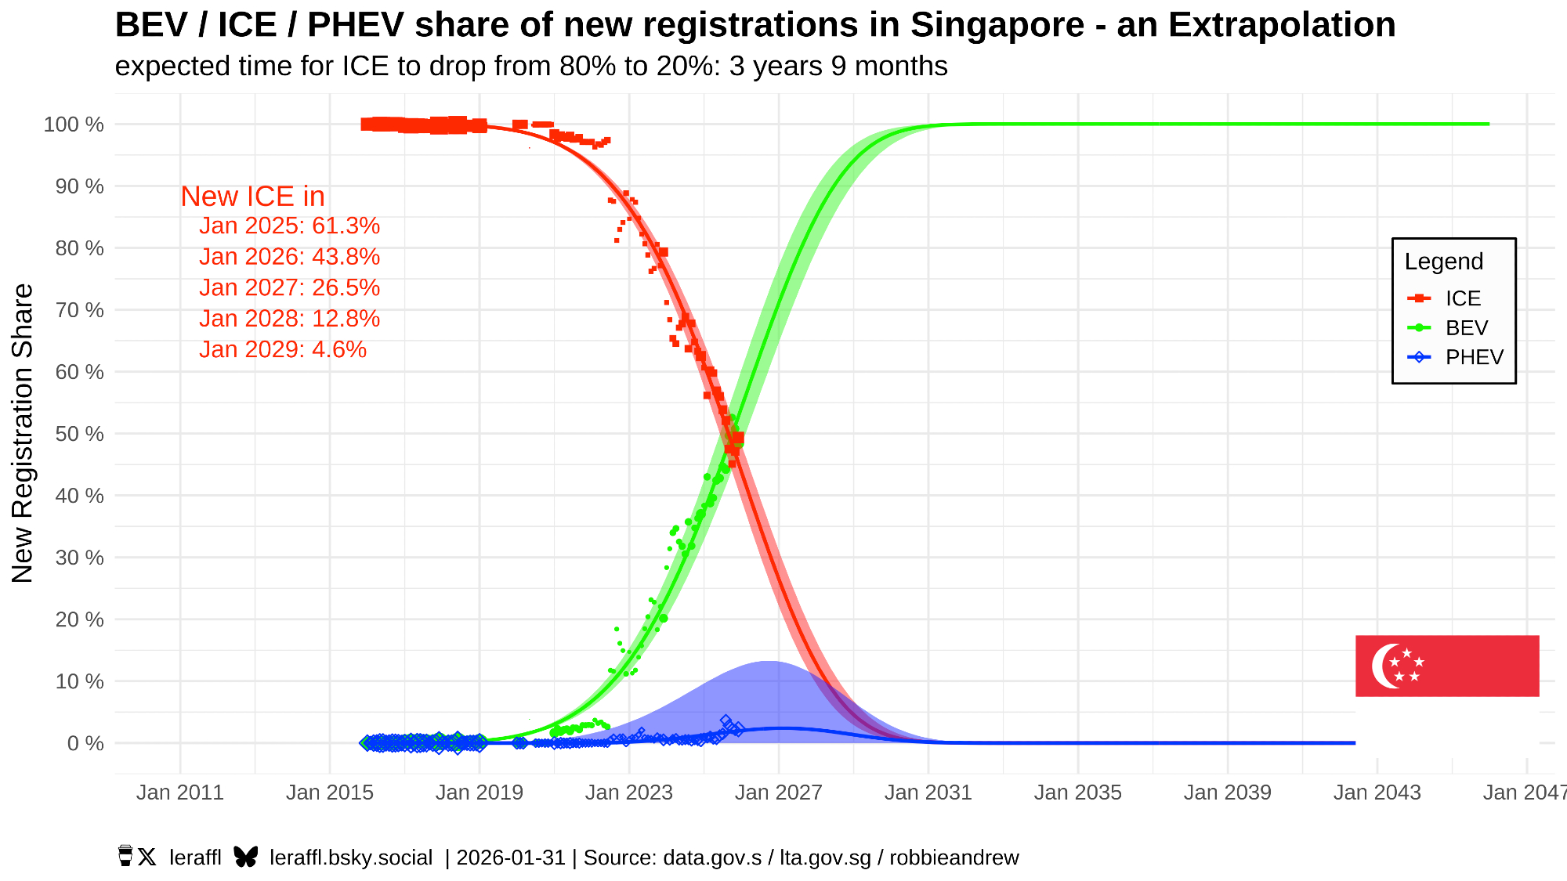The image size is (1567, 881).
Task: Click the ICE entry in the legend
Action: coord(1462,298)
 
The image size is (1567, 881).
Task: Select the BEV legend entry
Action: coord(1466,327)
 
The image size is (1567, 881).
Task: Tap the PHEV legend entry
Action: coord(1474,357)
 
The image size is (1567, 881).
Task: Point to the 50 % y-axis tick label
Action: coord(74,434)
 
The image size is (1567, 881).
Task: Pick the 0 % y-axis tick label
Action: coord(85,743)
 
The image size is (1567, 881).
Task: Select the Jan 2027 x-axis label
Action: coord(778,793)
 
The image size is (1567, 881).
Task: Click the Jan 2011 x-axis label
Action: coord(180,793)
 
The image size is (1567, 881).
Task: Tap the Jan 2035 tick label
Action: coord(1077,793)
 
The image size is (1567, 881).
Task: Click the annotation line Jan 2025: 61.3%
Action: coord(289,226)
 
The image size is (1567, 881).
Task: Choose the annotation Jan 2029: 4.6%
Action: coord(283,349)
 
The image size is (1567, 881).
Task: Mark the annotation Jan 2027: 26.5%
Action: coord(289,287)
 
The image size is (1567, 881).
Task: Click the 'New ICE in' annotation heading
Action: coord(252,197)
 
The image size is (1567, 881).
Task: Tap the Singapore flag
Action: coord(1447,666)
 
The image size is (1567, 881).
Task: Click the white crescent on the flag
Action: coord(1383,666)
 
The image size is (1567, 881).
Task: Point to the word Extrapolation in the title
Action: coord(1256,25)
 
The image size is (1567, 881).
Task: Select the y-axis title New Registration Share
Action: coord(24,433)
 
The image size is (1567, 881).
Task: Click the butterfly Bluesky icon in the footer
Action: coord(245,857)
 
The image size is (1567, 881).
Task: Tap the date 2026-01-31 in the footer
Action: coord(511,858)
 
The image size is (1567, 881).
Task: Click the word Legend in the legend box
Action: coord(1443,262)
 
